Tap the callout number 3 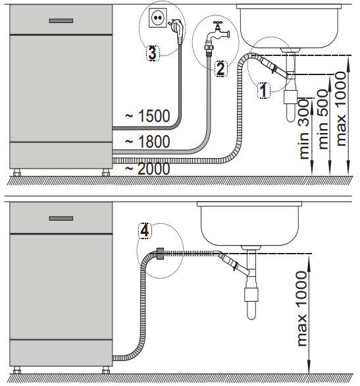pyautogui.click(x=152, y=53)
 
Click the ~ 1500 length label pyautogui.click(x=147, y=116)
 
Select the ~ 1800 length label pyautogui.click(x=147, y=141)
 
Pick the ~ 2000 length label pyautogui.click(x=147, y=169)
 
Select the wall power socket pyautogui.click(x=157, y=19)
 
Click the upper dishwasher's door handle pyautogui.click(x=61, y=20)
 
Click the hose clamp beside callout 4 pyautogui.click(x=160, y=252)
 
